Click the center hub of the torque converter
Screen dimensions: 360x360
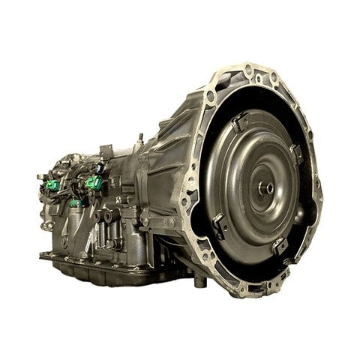coord(267,187)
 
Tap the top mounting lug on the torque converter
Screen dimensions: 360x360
coord(240,120)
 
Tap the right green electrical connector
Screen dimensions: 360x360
coord(94,182)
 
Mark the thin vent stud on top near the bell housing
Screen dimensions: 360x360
coord(139,139)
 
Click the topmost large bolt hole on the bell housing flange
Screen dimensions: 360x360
coord(247,70)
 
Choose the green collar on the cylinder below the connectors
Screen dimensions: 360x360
coord(76,202)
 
